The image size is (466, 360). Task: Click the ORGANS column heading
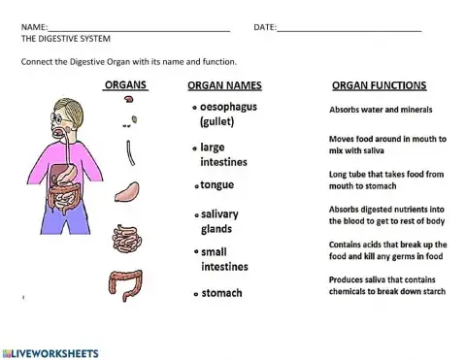pyautogui.click(x=125, y=85)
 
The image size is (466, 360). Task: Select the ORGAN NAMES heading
pyautogui.click(x=225, y=86)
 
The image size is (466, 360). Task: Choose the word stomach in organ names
pyautogui.click(x=221, y=293)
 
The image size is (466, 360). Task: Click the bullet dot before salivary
pyautogui.click(x=195, y=214)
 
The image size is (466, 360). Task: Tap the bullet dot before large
pyautogui.click(x=195, y=147)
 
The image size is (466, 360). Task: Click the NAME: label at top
pyautogui.click(x=33, y=27)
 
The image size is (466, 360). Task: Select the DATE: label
pyautogui.click(x=264, y=27)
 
